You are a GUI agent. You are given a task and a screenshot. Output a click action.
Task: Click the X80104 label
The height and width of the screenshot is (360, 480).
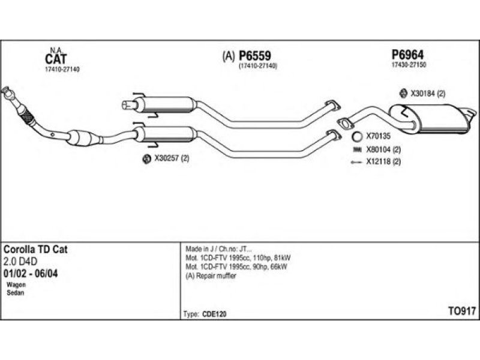point(379,149)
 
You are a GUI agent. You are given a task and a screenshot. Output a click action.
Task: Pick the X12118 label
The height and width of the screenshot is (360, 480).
point(378,162)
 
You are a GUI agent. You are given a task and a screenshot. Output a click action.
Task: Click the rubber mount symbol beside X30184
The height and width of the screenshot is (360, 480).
point(403,93)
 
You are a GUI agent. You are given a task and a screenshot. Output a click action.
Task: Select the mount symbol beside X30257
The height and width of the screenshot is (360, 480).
point(145,159)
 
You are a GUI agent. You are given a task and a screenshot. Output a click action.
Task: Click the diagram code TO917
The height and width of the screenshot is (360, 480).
point(462,311)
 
